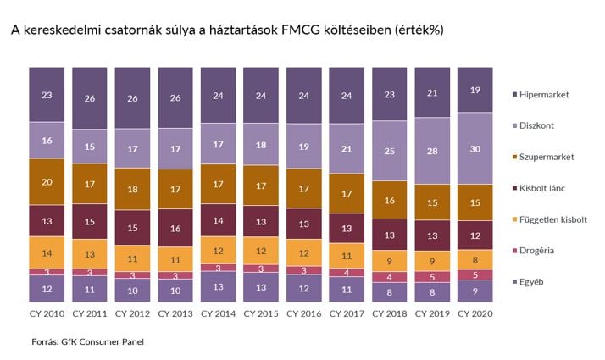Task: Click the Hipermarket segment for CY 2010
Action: click(x=47, y=95)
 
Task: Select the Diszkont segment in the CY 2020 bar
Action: click(x=475, y=148)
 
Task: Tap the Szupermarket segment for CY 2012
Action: click(x=132, y=189)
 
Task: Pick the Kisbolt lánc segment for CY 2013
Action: click(x=175, y=228)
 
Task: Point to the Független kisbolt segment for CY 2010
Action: click(x=47, y=252)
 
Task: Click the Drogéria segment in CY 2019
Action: click(x=432, y=277)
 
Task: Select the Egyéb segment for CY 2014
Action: click(x=218, y=286)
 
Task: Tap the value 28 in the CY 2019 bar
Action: click(x=432, y=151)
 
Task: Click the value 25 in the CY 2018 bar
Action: click(x=389, y=151)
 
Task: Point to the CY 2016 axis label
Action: click(x=303, y=313)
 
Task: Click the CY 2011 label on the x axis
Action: click(x=90, y=313)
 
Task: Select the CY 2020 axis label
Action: click(x=475, y=313)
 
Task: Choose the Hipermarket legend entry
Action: click(x=541, y=95)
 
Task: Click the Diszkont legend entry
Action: click(x=533, y=125)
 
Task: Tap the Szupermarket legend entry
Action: click(x=543, y=157)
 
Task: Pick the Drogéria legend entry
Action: click(x=533, y=251)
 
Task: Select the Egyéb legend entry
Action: click(x=528, y=282)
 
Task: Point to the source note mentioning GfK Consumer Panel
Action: click(x=87, y=341)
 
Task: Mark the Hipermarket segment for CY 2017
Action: click(x=347, y=96)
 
